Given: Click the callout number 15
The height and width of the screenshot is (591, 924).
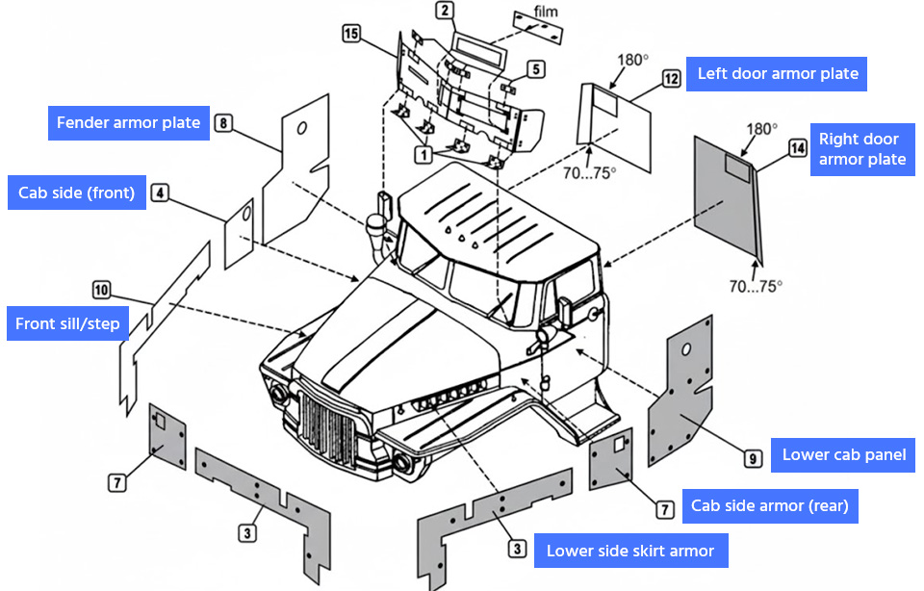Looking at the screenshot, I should coord(351,35).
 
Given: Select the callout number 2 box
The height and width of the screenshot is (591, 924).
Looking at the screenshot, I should coord(444,12).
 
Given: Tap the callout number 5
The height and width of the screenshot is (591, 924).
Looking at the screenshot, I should coord(535,69).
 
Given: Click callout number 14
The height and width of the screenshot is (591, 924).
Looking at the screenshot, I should coord(797,147).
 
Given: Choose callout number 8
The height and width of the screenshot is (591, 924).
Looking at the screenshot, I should coord(223,123).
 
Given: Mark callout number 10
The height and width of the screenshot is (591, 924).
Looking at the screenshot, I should coord(102,288).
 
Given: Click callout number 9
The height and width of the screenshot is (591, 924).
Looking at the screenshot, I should coord(753,458).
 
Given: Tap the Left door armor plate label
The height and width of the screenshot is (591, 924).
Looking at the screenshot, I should coord(777,74).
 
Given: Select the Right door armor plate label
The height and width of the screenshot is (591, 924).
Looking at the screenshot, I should coord(861,149).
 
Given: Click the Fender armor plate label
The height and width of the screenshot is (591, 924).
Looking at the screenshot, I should coord(128,123).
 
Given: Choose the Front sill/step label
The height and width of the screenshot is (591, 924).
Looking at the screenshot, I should coord(67,324).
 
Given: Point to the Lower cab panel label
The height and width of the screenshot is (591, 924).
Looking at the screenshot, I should coord(843,455).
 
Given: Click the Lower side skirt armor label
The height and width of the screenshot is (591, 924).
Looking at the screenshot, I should coord(630,552).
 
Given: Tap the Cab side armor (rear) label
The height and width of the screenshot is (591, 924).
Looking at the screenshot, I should coord(769,505).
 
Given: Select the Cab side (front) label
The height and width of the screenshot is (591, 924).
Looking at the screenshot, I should coord(76,193).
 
